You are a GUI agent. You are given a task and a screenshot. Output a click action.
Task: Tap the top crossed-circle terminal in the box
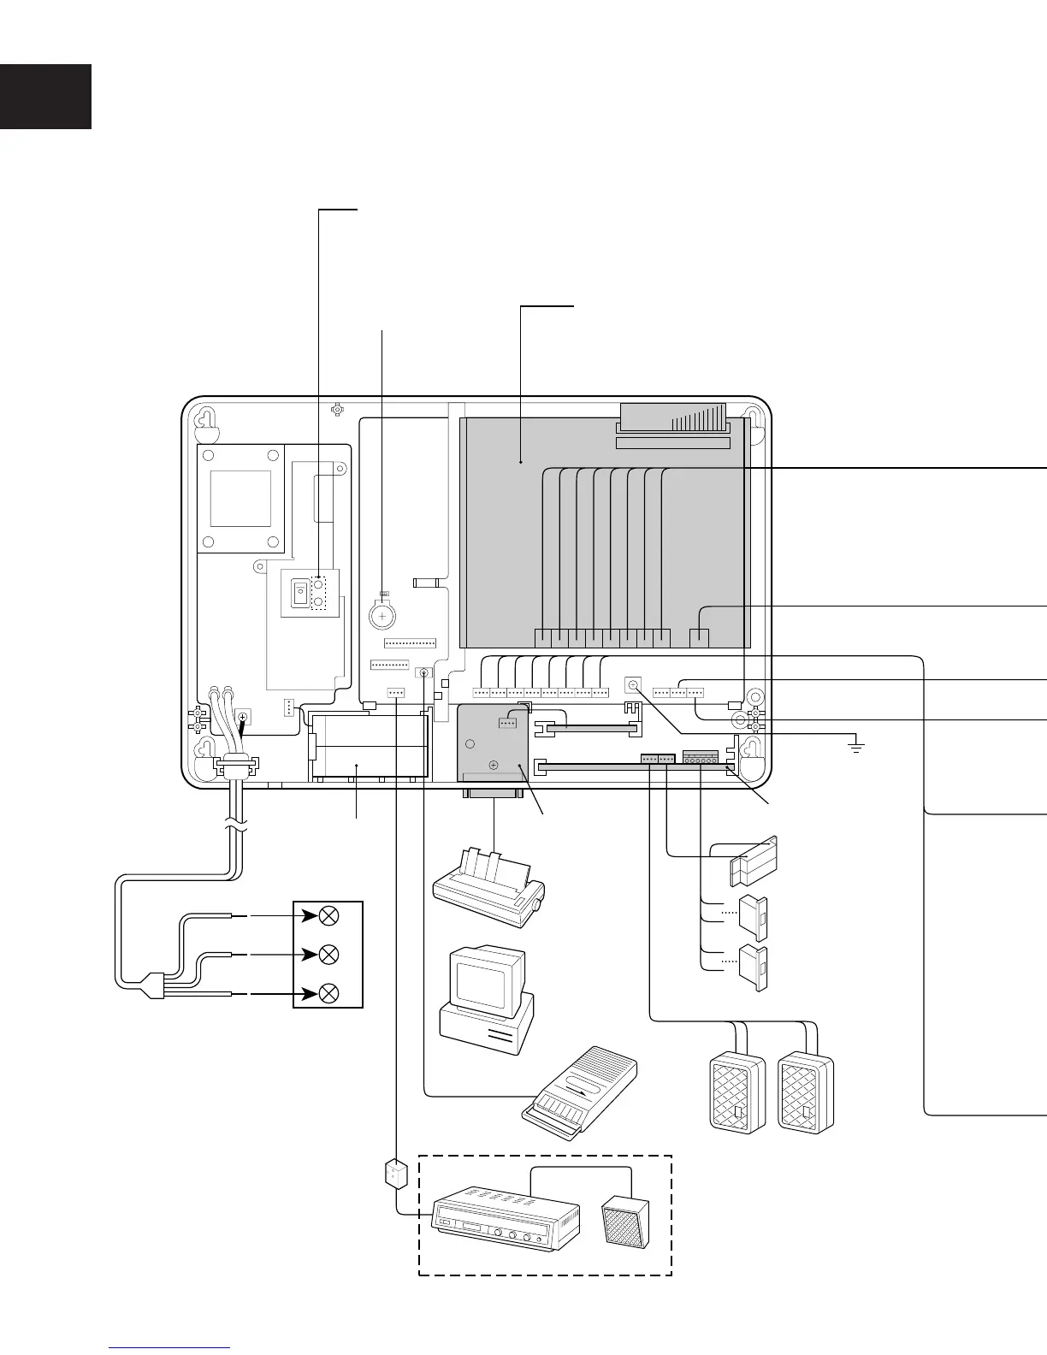pyautogui.click(x=328, y=916)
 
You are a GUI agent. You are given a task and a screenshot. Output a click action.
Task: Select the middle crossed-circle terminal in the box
pyautogui.click(x=328, y=955)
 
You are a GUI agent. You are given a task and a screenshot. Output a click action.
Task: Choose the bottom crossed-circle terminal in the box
pyautogui.click(x=328, y=994)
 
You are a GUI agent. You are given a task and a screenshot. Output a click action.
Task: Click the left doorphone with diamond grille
pyautogui.click(x=737, y=1093)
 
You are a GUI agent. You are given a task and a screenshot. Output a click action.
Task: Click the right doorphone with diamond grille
pyautogui.click(x=805, y=1093)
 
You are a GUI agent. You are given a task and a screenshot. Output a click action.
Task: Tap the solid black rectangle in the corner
pyautogui.click(x=45, y=96)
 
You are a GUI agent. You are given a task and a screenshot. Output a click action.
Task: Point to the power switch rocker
pyautogui.click(x=299, y=593)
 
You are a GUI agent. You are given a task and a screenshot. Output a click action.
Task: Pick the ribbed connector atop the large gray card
pyautogui.click(x=673, y=417)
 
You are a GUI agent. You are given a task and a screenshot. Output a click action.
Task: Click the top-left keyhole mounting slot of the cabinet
pyautogui.click(x=205, y=420)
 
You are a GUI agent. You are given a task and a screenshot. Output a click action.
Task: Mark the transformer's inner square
pyautogui.click(x=240, y=499)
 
